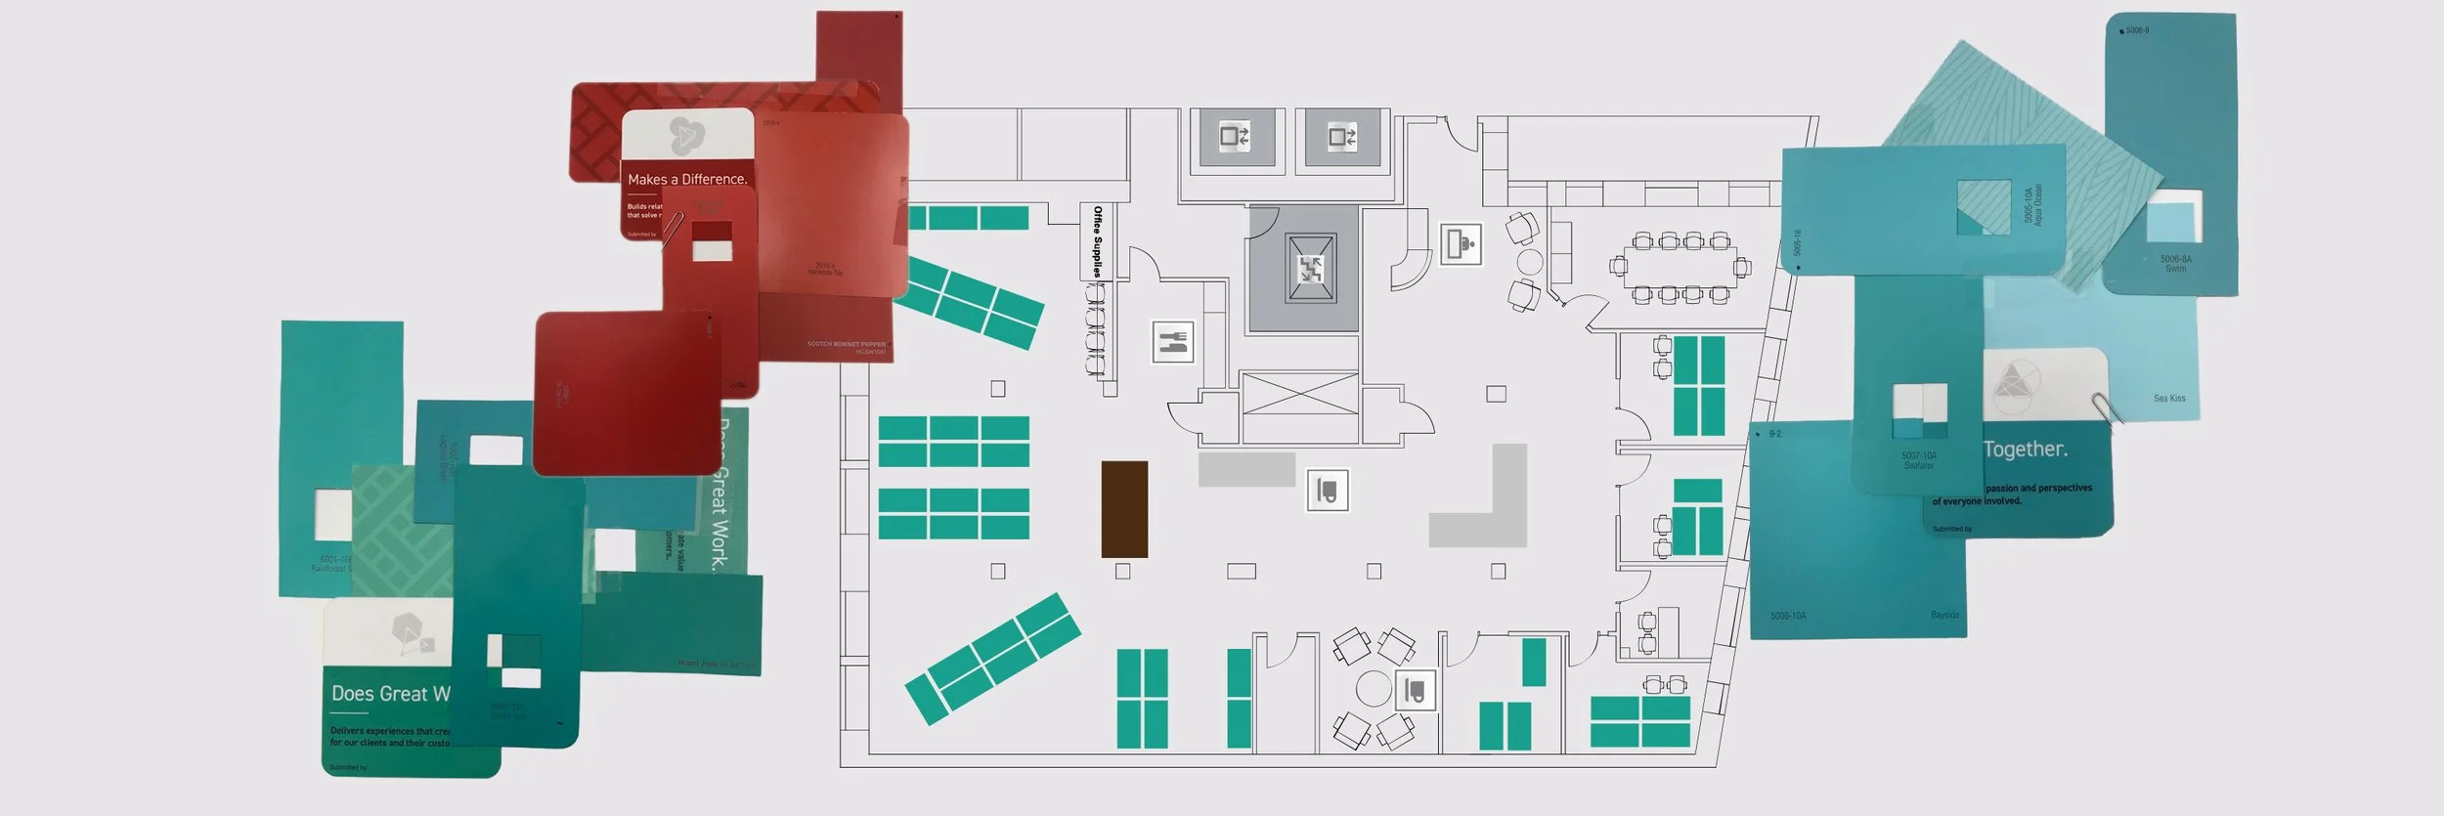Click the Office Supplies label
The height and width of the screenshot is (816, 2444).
(1097, 241)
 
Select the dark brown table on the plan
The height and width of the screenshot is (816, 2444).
(1124, 509)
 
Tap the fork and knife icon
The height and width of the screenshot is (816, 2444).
(1172, 342)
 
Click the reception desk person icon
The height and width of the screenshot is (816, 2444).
(1462, 244)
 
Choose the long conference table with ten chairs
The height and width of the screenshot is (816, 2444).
(1679, 267)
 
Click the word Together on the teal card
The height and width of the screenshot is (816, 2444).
(2025, 450)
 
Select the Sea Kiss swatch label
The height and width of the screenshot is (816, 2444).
(2169, 399)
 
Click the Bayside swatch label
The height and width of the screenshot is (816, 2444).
(1944, 616)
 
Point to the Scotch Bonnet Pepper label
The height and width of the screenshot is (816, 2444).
(846, 345)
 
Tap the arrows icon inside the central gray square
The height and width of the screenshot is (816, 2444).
(1309, 269)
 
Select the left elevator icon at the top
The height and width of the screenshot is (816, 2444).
(1236, 137)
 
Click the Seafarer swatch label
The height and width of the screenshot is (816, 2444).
(1918, 461)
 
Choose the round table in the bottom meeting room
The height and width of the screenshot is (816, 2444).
(1373, 688)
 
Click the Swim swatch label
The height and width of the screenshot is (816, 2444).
(2176, 264)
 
